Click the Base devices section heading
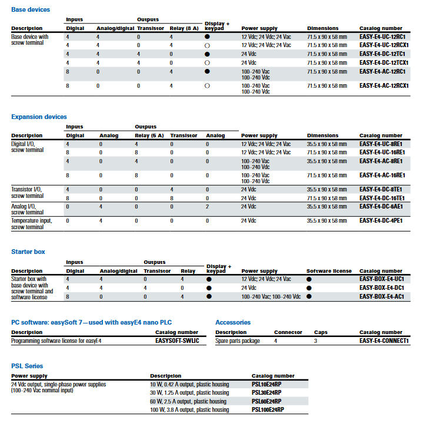click(x=31, y=9)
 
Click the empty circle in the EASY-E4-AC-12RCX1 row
click(x=207, y=85)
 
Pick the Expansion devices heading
click(x=39, y=117)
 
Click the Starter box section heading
click(x=28, y=252)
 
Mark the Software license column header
click(x=329, y=271)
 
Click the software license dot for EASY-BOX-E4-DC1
click(x=309, y=288)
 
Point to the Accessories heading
click(x=233, y=322)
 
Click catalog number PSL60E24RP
click(x=267, y=401)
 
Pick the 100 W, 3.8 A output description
click(x=189, y=409)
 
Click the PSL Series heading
click(x=27, y=366)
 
